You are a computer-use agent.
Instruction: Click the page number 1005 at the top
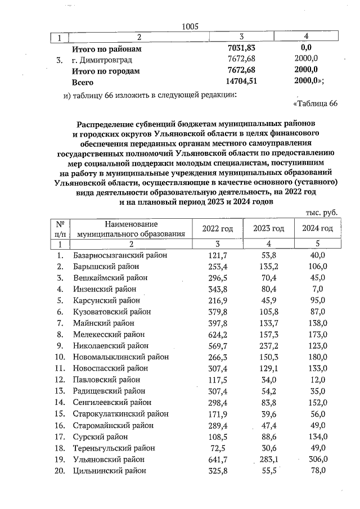pos(191,26)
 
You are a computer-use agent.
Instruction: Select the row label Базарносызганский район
pos(120,255)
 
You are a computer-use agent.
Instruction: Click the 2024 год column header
pos(317,228)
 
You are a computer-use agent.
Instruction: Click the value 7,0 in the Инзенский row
pos(318,290)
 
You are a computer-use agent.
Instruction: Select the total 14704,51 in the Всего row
pos(240,82)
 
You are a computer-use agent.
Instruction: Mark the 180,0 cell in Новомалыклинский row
pos(318,357)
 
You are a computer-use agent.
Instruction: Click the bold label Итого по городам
pos(105,71)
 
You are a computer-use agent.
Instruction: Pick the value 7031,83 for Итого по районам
pos(240,49)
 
